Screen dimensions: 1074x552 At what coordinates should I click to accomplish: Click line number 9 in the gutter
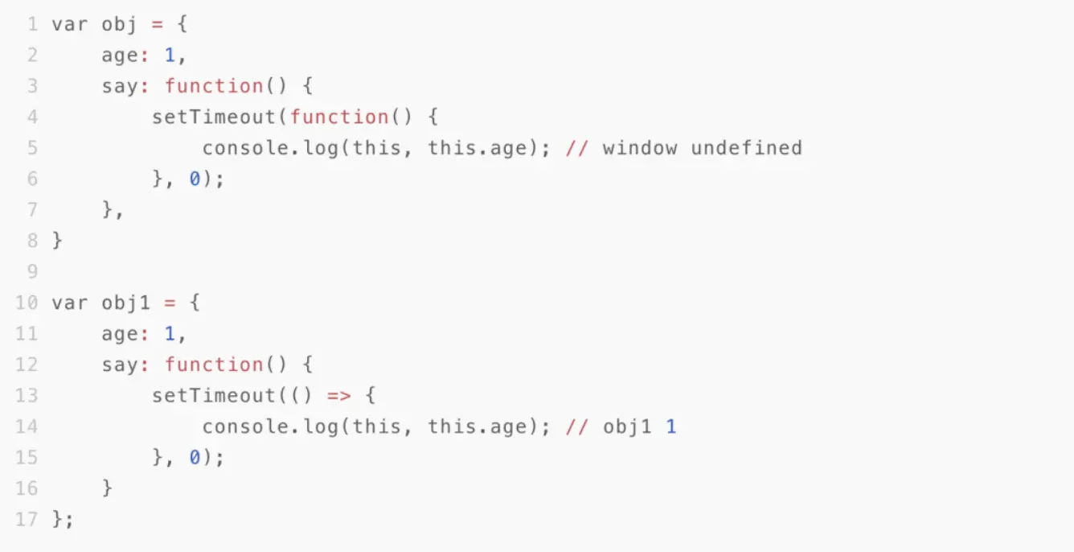[x=32, y=272]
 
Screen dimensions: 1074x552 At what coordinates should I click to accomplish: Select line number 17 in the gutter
[x=27, y=519]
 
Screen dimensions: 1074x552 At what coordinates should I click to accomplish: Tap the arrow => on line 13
[x=339, y=396]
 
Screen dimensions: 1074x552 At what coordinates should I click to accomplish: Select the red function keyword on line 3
[x=214, y=86]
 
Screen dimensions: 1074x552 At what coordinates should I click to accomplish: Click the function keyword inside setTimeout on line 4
[x=339, y=117]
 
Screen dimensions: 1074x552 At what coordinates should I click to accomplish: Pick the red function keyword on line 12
[x=214, y=365]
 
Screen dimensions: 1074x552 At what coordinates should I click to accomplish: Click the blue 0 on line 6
[x=195, y=179]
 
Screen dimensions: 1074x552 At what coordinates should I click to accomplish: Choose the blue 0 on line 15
[x=195, y=457]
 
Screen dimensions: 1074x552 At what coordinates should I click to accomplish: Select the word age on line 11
[x=120, y=334]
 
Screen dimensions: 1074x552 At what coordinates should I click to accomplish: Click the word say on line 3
[x=120, y=86]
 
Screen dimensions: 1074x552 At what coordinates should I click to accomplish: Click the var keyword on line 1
[x=70, y=24]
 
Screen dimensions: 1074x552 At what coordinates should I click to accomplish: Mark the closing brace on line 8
[x=57, y=240]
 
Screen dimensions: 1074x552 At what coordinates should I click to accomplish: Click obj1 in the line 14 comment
[x=628, y=426]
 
